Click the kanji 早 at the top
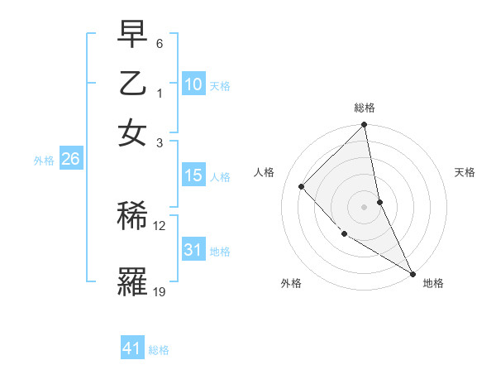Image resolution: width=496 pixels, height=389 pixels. click(132, 35)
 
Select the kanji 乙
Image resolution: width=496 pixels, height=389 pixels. click(132, 84)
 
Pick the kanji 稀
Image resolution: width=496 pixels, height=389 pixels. click(132, 217)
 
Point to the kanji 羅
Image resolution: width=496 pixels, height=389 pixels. click(132, 281)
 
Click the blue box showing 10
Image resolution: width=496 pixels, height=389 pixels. click(193, 84)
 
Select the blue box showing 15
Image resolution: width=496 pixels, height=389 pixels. click(193, 175)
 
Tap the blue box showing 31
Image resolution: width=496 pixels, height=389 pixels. click(193, 250)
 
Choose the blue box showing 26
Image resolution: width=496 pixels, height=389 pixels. click(70, 160)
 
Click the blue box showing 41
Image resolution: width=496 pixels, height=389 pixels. click(132, 348)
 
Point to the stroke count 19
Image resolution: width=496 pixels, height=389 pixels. click(160, 291)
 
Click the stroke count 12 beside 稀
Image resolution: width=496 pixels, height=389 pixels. click(160, 225)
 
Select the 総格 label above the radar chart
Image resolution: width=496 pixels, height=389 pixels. click(365, 108)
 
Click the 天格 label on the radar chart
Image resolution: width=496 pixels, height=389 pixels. click(465, 172)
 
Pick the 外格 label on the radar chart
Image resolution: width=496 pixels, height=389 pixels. click(291, 283)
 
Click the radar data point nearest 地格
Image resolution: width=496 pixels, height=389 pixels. click(412, 272)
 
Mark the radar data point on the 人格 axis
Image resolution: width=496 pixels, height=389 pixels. click(302, 186)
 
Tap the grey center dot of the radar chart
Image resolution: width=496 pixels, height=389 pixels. click(365, 207)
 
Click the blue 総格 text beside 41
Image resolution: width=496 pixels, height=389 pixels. click(159, 350)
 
